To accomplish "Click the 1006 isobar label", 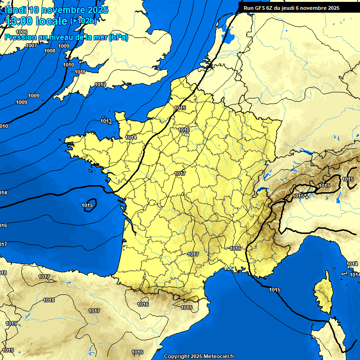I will pyautogui.click(x=22, y=31).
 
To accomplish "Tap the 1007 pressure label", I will pyautogui.click(x=31, y=45).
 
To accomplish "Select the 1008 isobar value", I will pyautogui.click(x=50, y=51).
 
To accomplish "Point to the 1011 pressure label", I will pyautogui.click(x=80, y=72).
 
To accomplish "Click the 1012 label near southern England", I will pyautogui.click(x=100, y=84).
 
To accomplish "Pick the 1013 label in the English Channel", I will pyautogui.click(x=106, y=121).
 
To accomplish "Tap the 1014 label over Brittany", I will pyautogui.click(x=131, y=137).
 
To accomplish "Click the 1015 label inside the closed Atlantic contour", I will pyautogui.click(x=87, y=205).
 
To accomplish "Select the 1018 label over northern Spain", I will pyautogui.click(x=48, y=300).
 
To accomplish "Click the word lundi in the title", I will pyautogui.click(x=15, y=10).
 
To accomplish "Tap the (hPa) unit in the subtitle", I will pyautogui.click(x=118, y=37).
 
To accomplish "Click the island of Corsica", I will pyautogui.click(x=322, y=293).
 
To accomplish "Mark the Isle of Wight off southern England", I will pyautogui.click(x=126, y=85).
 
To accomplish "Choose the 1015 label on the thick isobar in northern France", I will pyautogui.click(x=180, y=108).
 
